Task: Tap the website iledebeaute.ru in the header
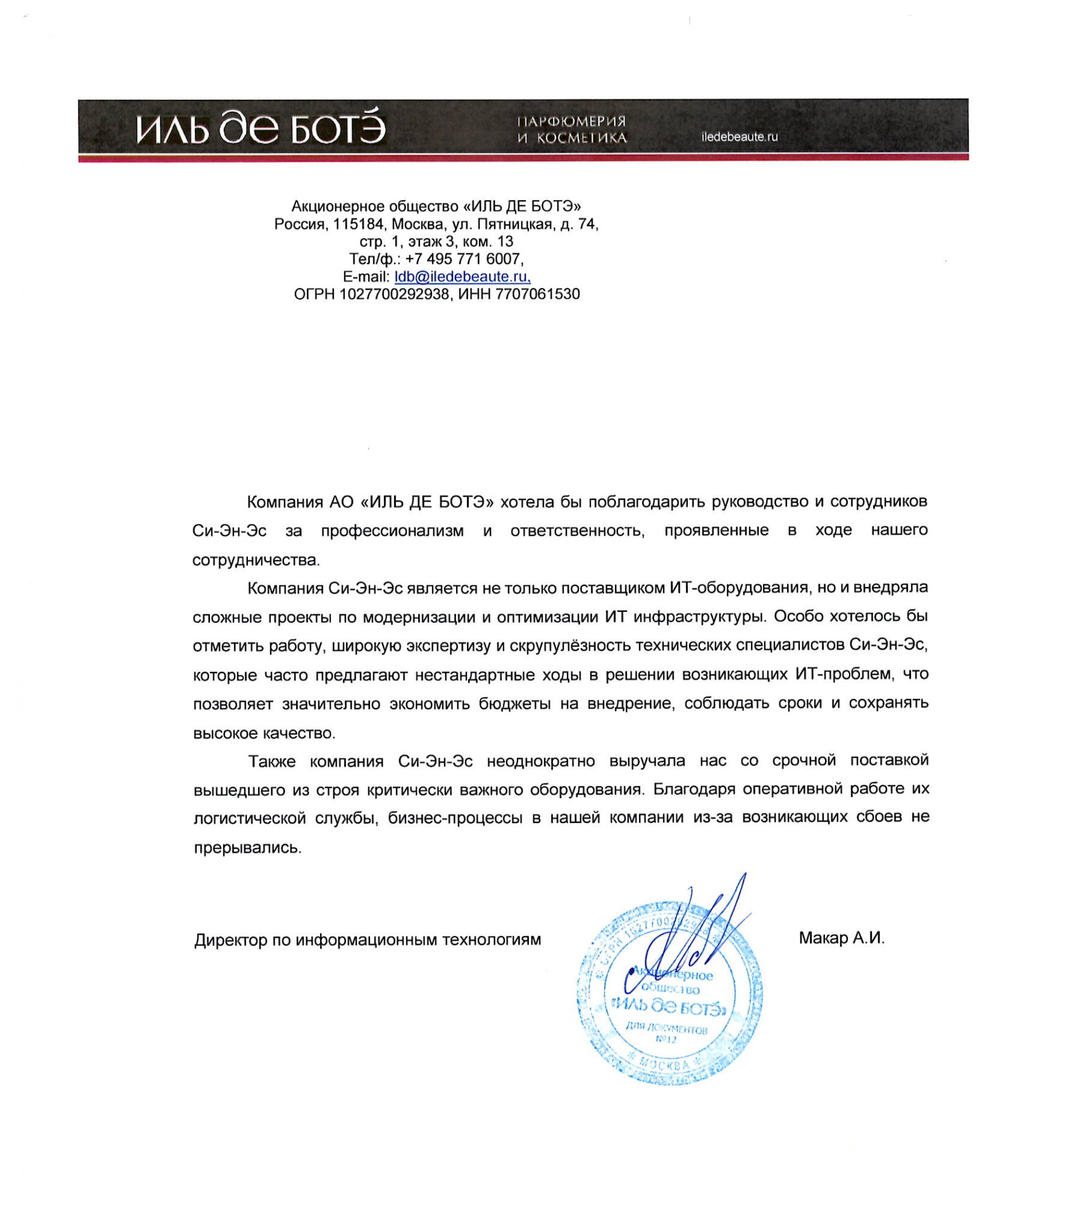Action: click(739, 137)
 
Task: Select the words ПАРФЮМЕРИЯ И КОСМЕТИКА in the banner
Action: click(571, 130)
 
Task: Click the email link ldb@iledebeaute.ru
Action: click(462, 277)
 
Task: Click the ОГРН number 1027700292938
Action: click(394, 294)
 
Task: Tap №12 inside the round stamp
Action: click(667, 1039)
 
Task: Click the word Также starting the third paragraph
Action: click(271, 760)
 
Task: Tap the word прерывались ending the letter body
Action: click(247, 848)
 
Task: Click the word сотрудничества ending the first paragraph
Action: click(256, 560)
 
